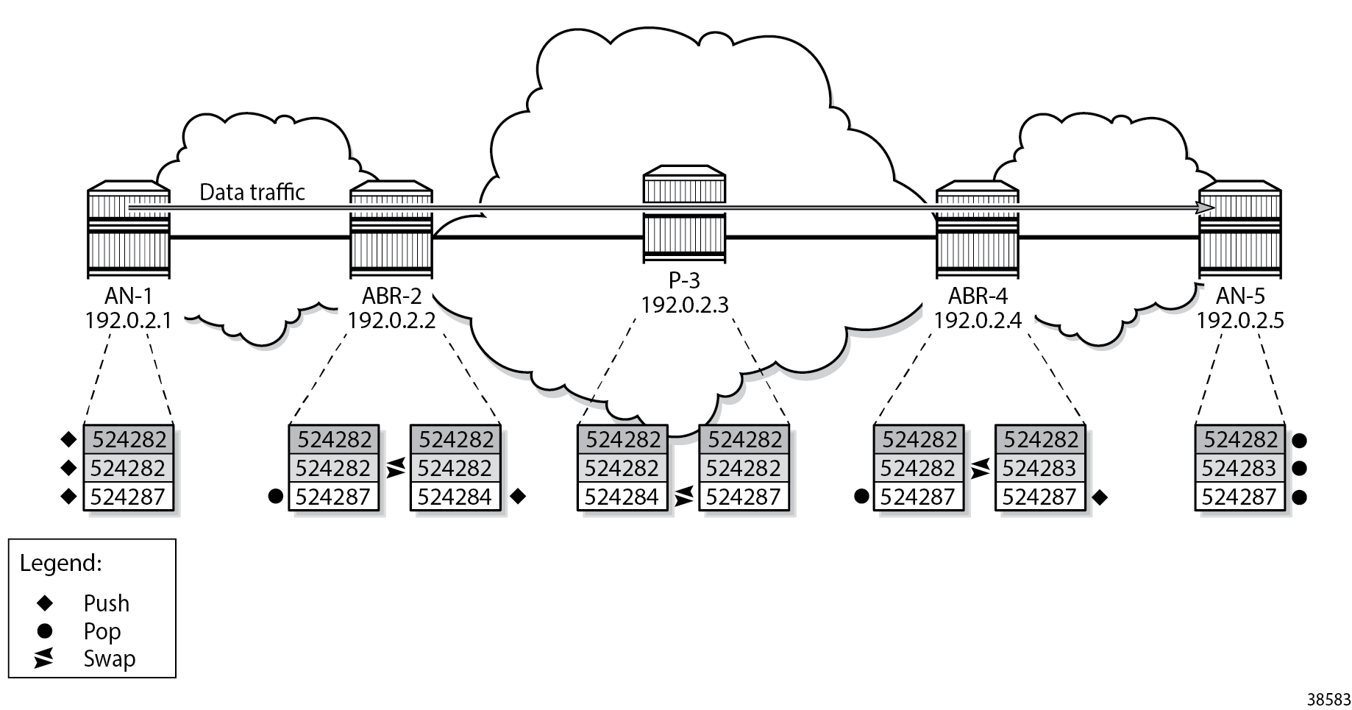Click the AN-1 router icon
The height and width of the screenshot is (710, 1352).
click(x=129, y=230)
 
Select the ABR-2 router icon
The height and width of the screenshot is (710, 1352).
click(x=391, y=230)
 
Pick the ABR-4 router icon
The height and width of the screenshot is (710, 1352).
click(x=978, y=230)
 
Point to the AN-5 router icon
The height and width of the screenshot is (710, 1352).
click(x=1240, y=230)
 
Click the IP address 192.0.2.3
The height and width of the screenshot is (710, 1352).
click(x=684, y=305)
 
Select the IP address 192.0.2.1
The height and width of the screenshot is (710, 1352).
click(x=129, y=321)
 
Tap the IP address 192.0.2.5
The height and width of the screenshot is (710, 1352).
click(x=1240, y=321)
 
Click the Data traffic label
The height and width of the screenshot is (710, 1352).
click(x=252, y=192)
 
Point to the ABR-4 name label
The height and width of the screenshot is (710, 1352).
click(x=978, y=297)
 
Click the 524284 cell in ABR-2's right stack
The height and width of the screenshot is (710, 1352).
click(x=455, y=497)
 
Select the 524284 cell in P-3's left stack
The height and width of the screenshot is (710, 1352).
click(x=622, y=497)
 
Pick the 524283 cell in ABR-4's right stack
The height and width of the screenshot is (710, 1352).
click(x=1039, y=468)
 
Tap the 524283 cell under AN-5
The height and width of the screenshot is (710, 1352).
click(x=1239, y=468)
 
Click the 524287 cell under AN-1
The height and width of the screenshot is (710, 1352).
click(x=129, y=497)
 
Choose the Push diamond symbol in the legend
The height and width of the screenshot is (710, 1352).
click(x=45, y=603)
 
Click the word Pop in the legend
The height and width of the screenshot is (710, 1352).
click(x=102, y=631)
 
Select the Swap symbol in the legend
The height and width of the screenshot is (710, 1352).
click(x=44, y=658)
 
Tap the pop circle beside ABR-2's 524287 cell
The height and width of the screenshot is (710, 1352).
click(x=276, y=497)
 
